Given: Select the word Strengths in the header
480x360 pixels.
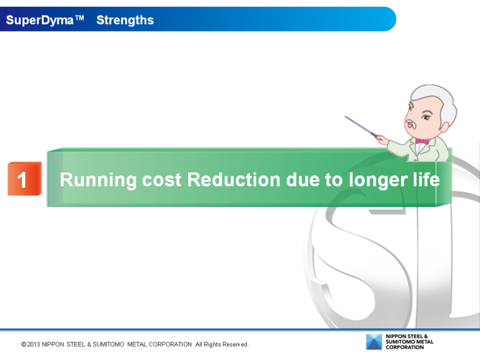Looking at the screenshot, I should tap(125, 20).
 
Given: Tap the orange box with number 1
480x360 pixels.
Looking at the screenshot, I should tap(24, 179).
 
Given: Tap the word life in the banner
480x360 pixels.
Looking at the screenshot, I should tap(425, 180).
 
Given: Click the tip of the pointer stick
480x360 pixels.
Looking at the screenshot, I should tap(346, 116).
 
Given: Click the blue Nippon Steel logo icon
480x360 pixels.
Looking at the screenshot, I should tap(374, 342).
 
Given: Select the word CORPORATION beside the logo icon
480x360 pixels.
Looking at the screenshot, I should tap(404, 347).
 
